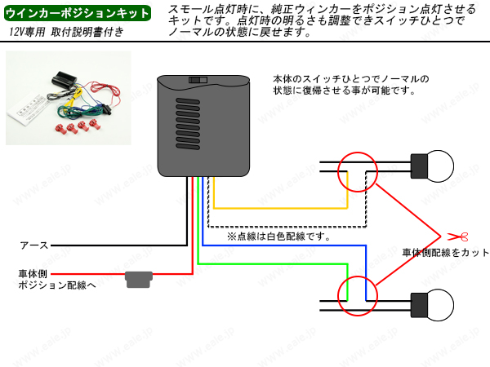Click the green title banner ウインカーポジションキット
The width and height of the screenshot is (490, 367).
click(x=78, y=13)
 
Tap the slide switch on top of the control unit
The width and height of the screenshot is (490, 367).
click(x=197, y=80)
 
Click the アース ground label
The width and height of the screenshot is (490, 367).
click(x=33, y=245)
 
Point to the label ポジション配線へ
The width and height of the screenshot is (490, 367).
click(x=56, y=286)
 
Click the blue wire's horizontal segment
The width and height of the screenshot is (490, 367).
click(x=286, y=246)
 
